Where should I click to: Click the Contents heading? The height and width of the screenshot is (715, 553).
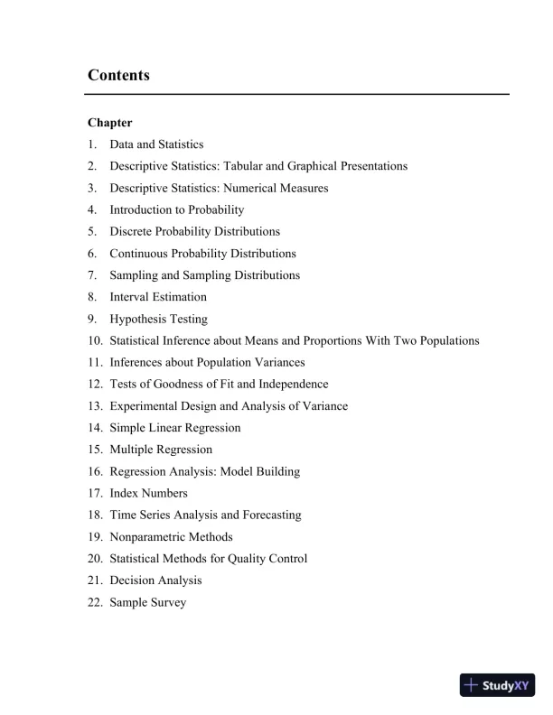pyautogui.click(x=118, y=75)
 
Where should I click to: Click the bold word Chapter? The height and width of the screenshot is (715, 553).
pyautogui.click(x=110, y=123)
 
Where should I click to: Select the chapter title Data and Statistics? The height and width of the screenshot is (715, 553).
pyautogui.click(x=156, y=144)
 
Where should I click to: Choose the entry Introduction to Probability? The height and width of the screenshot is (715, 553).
pyautogui.click(x=177, y=209)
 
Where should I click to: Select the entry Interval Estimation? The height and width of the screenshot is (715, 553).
pyautogui.click(x=158, y=297)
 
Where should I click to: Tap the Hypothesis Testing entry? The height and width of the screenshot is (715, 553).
pyautogui.click(x=158, y=319)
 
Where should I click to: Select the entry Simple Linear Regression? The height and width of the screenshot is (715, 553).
pyautogui.click(x=175, y=428)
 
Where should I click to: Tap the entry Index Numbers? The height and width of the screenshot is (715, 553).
pyautogui.click(x=149, y=493)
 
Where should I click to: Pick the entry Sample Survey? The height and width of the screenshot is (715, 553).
pyautogui.click(x=148, y=602)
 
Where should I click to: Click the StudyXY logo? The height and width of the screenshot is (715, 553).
pyautogui.click(x=497, y=685)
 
